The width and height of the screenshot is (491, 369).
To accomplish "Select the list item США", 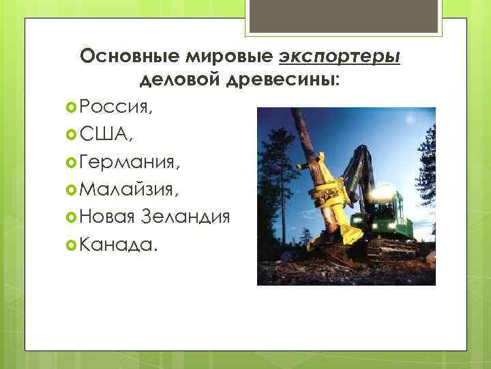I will pyautogui.click(x=106, y=134).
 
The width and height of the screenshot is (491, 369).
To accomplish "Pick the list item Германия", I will pyautogui.click(x=130, y=162).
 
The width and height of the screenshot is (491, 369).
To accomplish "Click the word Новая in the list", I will pyautogui.click(x=108, y=217).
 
